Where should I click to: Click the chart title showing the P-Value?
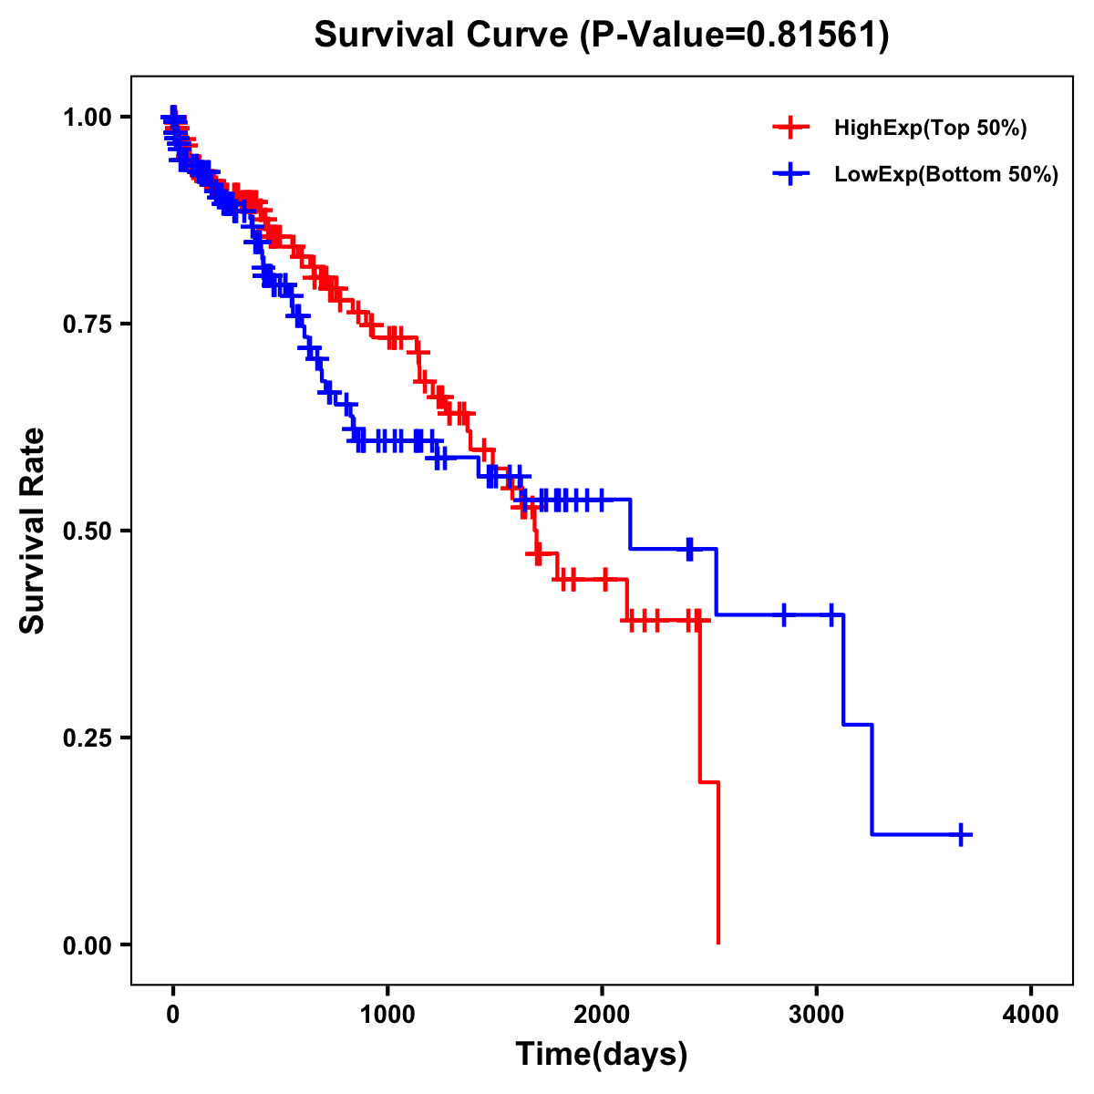click(x=601, y=36)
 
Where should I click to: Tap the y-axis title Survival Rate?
click(x=33, y=530)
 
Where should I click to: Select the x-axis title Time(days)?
click(x=601, y=1054)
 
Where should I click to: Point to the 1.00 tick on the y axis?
click(x=88, y=117)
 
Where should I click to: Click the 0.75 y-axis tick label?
click(x=88, y=324)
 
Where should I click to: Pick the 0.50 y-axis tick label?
click(x=88, y=531)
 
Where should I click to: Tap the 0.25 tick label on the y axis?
click(x=88, y=738)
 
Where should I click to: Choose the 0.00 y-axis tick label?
click(x=88, y=944)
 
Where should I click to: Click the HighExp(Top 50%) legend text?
click(x=931, y=129)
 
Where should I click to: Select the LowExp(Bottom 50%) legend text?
click(x=946, y=175)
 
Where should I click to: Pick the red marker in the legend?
click(x=790, y=128)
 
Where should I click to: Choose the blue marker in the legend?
click(x=790, y=174)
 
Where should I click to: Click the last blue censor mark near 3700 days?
click(x=961, y=834)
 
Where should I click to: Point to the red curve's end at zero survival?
click(x=718, y=942)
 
